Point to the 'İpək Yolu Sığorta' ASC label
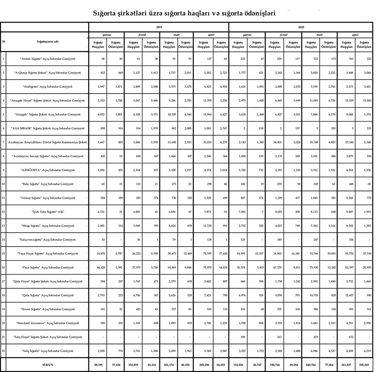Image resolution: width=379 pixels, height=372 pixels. [47, 212]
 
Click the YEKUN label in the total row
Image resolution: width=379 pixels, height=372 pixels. [47, 364]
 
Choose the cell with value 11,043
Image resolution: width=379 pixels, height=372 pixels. [365, 101]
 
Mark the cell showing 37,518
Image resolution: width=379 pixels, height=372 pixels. [365, 253]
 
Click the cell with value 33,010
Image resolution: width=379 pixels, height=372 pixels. [203, 142]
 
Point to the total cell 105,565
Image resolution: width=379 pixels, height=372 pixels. [365, 364]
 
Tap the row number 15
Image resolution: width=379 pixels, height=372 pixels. [3, 253]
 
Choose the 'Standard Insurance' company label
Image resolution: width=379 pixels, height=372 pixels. [47, 323]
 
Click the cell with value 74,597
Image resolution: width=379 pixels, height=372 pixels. [203, 253]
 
